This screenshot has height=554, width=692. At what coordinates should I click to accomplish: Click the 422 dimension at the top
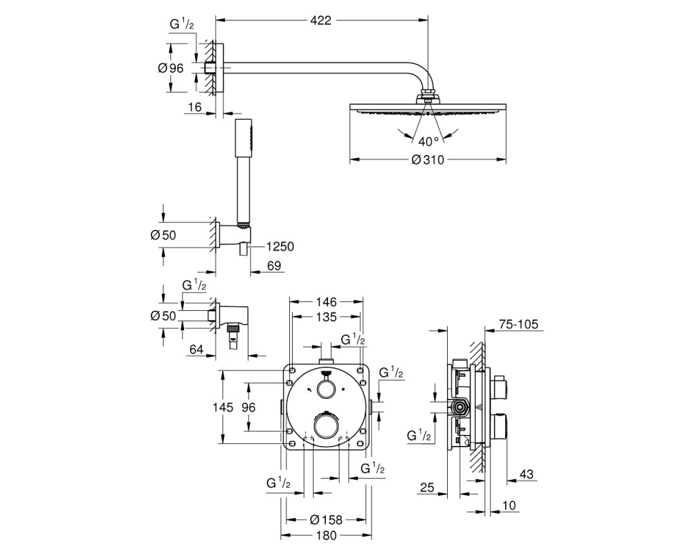point(321,20)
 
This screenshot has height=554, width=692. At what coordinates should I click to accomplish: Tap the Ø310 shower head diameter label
point(428,159)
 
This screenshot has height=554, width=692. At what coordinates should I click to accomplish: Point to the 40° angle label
point(428,141)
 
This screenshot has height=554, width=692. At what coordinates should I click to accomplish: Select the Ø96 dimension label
point(170,68)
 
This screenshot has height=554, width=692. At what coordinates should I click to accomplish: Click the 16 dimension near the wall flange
point(194,107)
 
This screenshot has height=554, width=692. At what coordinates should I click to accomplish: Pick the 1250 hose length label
point(280,246)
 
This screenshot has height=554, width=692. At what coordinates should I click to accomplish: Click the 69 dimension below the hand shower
point(274,265)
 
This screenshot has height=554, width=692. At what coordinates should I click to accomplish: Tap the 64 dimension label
point(197,349)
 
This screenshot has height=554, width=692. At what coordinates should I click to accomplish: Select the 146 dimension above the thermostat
point(326,302)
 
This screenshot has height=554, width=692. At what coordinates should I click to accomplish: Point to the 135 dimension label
point(326,316)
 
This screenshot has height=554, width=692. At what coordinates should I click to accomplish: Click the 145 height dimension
point(223,407)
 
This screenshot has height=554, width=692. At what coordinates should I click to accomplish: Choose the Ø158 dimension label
point(326,519)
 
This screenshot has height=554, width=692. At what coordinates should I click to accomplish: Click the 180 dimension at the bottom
point(326,535)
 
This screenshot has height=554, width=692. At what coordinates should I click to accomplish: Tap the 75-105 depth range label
point(518,324)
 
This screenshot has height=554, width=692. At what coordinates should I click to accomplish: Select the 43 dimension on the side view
point(526,474)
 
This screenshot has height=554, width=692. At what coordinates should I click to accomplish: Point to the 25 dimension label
point(427,488)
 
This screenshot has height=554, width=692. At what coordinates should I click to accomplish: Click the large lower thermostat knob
point(327,425)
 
